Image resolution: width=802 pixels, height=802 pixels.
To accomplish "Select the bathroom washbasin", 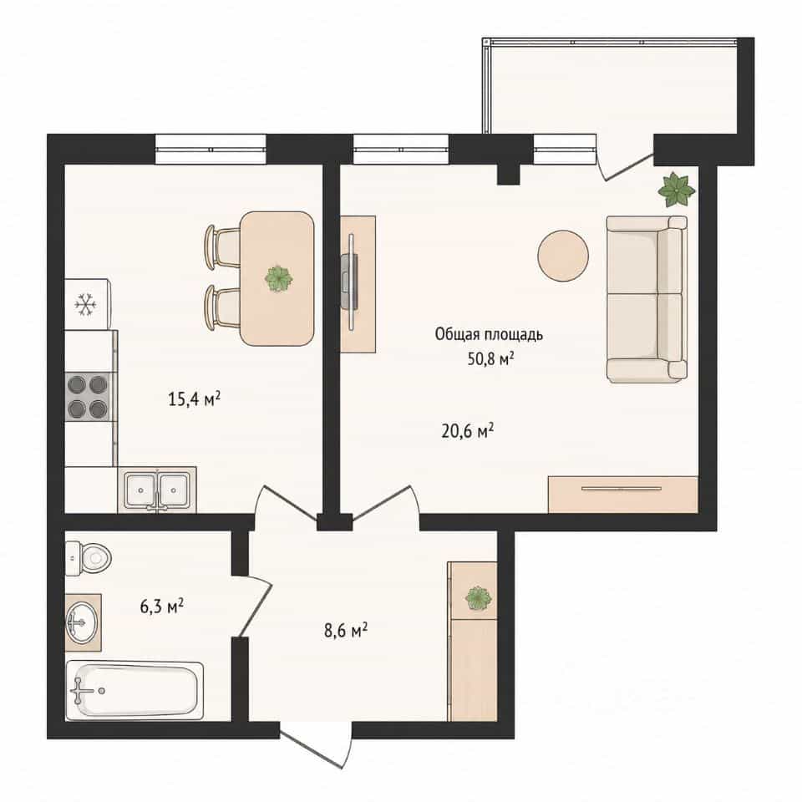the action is (x=81, y=622).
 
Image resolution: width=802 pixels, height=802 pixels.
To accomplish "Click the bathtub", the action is (x=135, y=691).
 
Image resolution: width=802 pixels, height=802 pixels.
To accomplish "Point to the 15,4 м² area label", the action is (x=195, y=398).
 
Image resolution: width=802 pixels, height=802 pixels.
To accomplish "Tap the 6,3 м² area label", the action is (x=161, y=607).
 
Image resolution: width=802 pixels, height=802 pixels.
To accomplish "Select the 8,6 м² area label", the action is (x=346, y=630).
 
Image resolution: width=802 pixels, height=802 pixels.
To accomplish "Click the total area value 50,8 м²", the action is (x=490, y=358).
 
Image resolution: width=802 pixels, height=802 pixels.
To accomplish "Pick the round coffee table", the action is (x=562, y=256).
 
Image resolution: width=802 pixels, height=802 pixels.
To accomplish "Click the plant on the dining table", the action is (x=279, y=279).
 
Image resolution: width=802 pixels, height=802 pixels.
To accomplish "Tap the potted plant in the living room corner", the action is (x=676, y=190).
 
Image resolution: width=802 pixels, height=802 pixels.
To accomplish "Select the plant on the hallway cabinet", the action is (x=479, y=598).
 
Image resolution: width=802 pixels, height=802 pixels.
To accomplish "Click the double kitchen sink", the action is (x=157, y=490).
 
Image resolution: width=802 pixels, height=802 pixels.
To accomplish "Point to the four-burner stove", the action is (x=88, y=396).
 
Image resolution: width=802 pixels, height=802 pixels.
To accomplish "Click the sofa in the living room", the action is (x=647, y=299).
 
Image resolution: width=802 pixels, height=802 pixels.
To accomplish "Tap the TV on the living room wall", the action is (x=350, y=282).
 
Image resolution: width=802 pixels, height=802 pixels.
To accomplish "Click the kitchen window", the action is (x=211, y=150).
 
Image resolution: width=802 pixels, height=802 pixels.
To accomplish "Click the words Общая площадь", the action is (x=489, y=334).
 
